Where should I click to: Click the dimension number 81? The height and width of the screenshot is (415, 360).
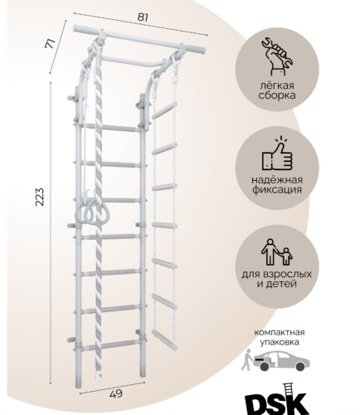point(143,17)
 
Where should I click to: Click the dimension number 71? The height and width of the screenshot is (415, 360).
point(51,44)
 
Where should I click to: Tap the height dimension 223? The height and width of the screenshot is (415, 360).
point(40,197)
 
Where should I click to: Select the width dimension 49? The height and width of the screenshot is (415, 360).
point(116,393)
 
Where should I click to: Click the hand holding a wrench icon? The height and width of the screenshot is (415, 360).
point(277,56)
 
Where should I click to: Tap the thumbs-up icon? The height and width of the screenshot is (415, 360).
point(277,154)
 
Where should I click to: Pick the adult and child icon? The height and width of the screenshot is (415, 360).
point(277,251)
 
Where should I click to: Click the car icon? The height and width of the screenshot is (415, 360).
point(281,361)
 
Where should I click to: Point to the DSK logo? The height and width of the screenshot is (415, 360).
point(277,400)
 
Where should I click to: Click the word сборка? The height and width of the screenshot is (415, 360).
point(277,95)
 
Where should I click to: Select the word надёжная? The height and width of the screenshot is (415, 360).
point(277,180)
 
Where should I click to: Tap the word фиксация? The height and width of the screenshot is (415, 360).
point(277,190)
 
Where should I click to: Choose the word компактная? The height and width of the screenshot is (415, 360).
point(280,332)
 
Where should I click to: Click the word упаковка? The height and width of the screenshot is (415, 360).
point(280,342)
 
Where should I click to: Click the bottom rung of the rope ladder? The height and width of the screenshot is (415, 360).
point(165,339)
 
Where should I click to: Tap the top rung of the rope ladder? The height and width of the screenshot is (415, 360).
point(164,110)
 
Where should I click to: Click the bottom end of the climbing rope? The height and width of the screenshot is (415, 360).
point(98,375)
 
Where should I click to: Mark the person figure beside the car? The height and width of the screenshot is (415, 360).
point(246,359)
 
